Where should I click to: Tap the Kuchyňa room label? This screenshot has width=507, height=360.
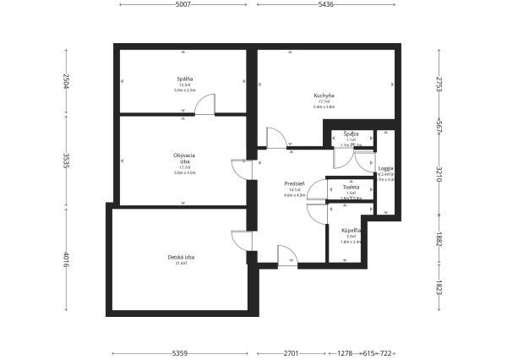pyautogui.click(x=324, y=95)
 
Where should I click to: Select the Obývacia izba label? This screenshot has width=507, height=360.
pyautogui.click(x=184, y=158)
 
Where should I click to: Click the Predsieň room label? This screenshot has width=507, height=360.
pyautogui.click(x=294, y=183)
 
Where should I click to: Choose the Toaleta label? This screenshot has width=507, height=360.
pyautogui.click(x=351, y=187)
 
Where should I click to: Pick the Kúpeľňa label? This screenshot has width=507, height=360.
pyautogui.click(x=351, y=230)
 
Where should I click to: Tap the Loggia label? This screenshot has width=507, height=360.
pyautogui.click(x=385, y=167)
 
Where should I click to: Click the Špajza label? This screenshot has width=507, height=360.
pyautogui.click(x=351, y=134)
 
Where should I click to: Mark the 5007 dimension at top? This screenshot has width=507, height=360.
pyautogui.click(x=183, y=5)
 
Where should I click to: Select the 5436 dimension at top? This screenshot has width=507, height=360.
pyautogui.click(x=325, y=5)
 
